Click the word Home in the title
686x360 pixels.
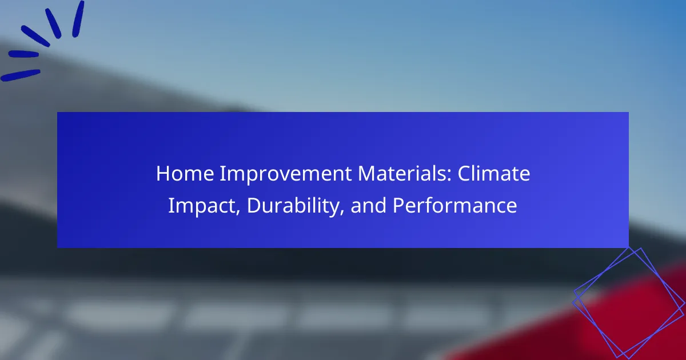coord(185,174)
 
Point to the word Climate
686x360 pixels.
coord(494,174)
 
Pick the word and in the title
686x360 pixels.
coord(368,205)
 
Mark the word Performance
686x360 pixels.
coord(455,205)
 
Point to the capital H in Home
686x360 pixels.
coord(163,174)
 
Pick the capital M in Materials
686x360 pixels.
coord(367,174)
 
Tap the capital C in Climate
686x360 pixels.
coord(465,174)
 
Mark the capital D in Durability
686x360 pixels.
coord(254,205)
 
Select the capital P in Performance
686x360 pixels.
coord(399,205)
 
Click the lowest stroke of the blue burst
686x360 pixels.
coord(20,75)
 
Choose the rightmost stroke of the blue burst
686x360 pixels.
coord(78,19)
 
